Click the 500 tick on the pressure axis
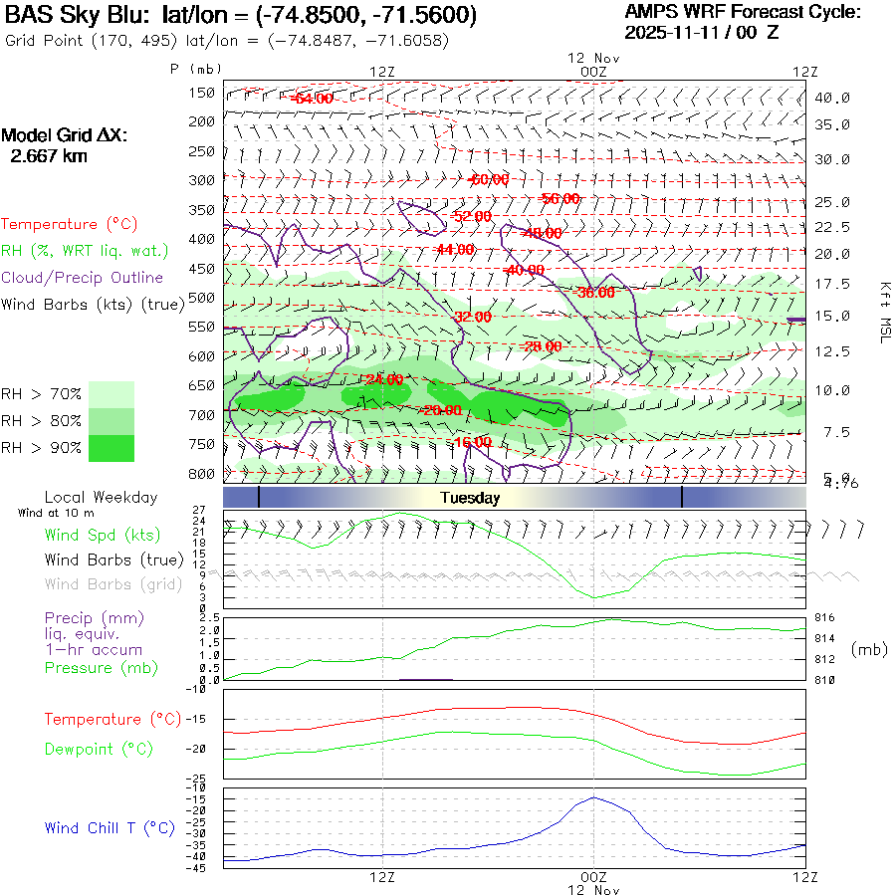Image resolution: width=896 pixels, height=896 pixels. click(202, 298)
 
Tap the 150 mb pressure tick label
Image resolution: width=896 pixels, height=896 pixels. click(202, 93)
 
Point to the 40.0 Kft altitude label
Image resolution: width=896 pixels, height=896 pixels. click(832, 98)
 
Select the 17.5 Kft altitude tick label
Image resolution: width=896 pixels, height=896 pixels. click(832, 284)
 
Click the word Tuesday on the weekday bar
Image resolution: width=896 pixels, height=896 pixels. click(470, 498)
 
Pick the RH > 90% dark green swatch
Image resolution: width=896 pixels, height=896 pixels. click(112, 448)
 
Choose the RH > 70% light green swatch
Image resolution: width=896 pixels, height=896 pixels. click(112, 394)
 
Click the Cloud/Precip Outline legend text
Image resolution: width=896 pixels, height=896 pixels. click(83, 278)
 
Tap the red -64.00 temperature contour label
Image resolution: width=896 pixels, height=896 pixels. click(311, 99)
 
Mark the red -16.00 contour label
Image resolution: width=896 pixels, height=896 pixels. click(472, 442)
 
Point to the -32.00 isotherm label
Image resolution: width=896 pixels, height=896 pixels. click(472, 317)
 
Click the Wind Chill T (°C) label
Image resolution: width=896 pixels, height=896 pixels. click(110, 828)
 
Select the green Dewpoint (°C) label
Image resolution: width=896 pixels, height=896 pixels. click(99, 749)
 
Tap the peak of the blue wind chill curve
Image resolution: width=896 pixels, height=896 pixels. click(594, 797)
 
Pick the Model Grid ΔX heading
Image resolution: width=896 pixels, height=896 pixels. click(65, 136)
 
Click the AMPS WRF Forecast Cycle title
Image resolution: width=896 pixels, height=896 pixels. click(743, 12)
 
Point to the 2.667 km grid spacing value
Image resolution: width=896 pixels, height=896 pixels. click(48, 156)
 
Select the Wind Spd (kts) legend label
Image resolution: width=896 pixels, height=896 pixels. click(103, 536)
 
